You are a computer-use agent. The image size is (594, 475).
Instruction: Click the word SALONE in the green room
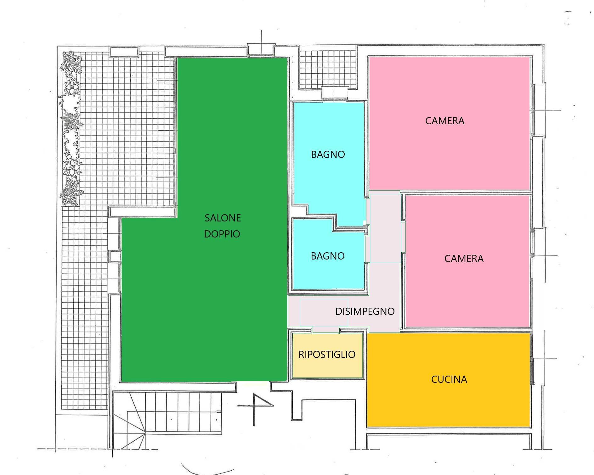pyautogui.click(x=223, y=218)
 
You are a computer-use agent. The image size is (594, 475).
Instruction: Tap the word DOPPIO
pyautogui.click(x=222, y=234)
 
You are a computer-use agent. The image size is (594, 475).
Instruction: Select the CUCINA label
pyautogui.click(x=449, y=379)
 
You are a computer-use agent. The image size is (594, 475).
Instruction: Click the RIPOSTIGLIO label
pyautogui.click(x=327, y=355)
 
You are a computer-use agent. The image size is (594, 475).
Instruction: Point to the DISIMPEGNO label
pyautogui.click(x=365, y=311)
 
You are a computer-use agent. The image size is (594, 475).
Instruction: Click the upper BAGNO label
pyautogui.click(x=328, y=154)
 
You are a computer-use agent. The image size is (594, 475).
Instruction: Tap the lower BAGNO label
pyautogui.click(x=327, y=256)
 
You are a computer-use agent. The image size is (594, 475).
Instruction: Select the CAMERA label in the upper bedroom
pyautogui.click(x=444, y=121)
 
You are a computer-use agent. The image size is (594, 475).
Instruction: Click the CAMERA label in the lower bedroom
pyautogui.click(x=464, y=259)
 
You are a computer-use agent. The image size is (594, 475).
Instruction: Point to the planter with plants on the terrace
pyautogui.click(x=72, y=129)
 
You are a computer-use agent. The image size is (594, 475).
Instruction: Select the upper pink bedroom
pyautogui.click(x=450, y=151)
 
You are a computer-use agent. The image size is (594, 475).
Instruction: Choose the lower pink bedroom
pyautogui.click(x=466, y=289)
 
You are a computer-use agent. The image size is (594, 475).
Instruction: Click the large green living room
pyautogui.click(x=205, y=299)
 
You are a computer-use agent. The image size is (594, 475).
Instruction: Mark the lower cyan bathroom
pyautogui.click(x=327, y=274)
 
